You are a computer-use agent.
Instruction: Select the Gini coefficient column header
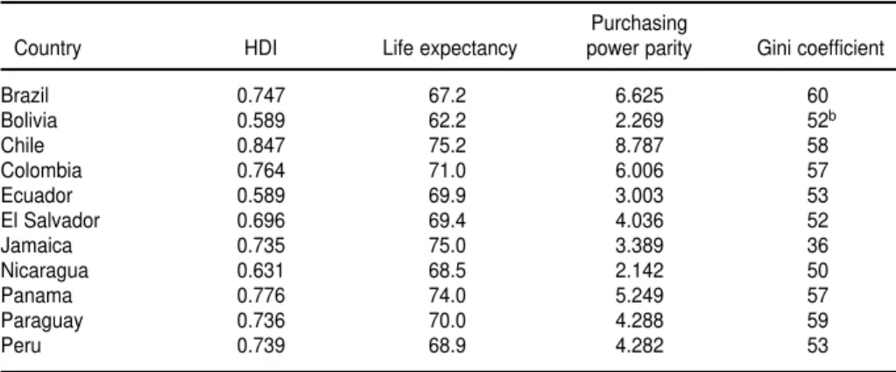pos(821,48)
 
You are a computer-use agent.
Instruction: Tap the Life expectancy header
pos(449,49)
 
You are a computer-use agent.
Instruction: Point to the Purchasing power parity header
pos(638,37)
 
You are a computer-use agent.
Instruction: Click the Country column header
pos(47,49)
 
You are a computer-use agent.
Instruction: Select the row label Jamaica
pos(37,245)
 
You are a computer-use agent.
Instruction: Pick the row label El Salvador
pos(50,220)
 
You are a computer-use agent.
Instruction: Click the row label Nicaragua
pos(45,270)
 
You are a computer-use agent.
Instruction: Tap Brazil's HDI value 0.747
pos(261,95)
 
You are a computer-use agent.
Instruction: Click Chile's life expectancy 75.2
pos(447,145)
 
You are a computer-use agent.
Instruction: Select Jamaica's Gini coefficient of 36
pos(818,245)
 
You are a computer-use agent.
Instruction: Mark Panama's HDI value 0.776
pos(261,296)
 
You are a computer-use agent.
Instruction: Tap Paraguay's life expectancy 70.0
pos(447,320)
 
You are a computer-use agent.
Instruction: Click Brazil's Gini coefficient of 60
pos(818,95)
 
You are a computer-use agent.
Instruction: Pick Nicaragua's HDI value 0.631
pos(261,270)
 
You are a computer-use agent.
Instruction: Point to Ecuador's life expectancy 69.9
pos(447,195)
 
